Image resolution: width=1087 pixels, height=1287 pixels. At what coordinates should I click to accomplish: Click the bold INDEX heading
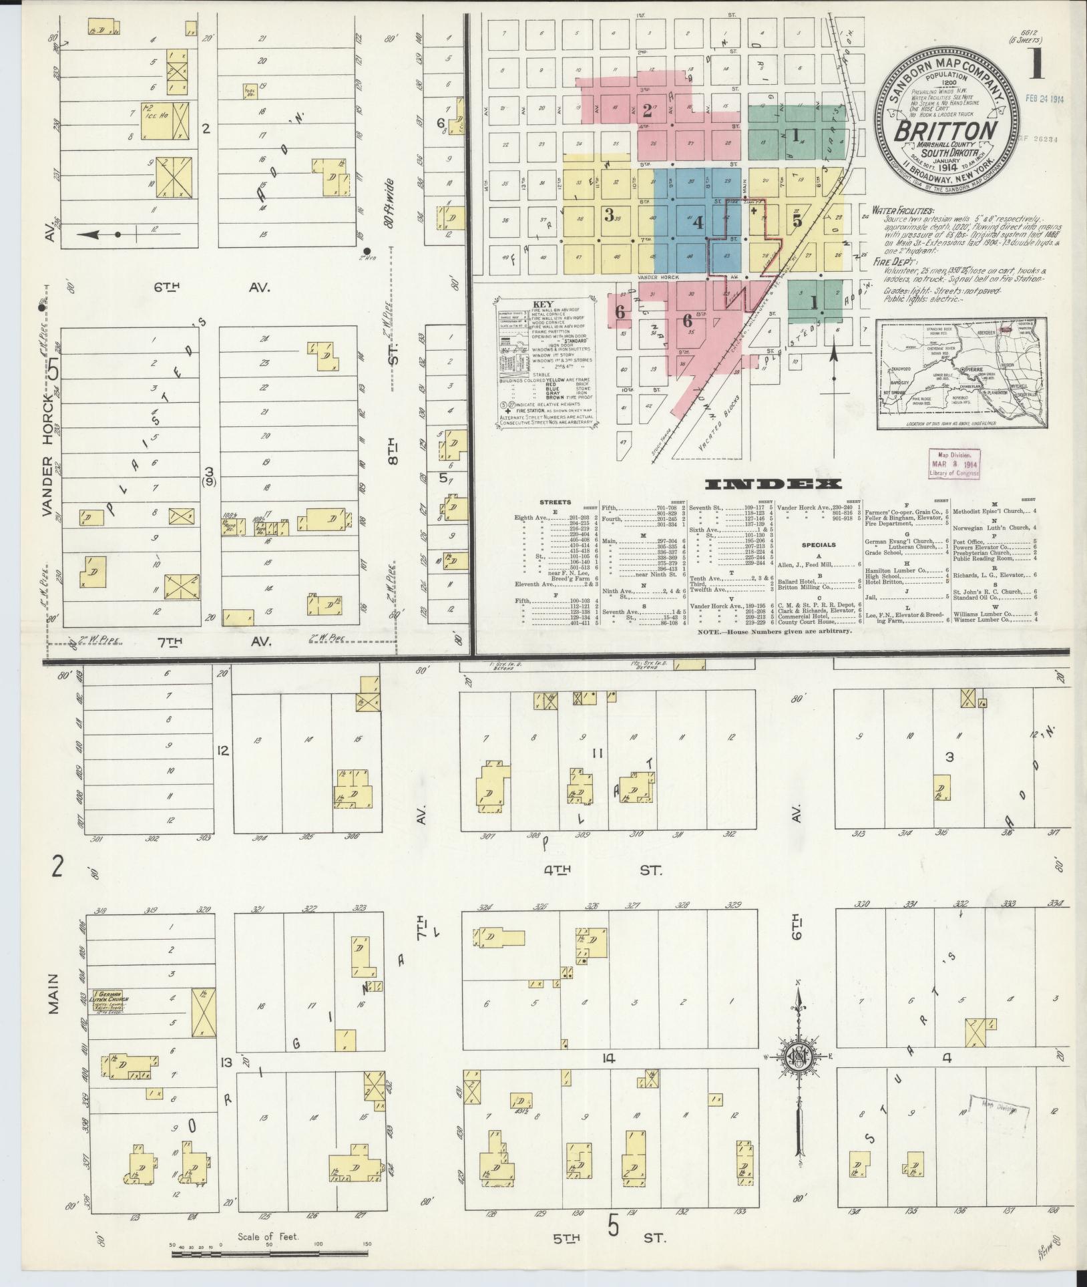point(773,484)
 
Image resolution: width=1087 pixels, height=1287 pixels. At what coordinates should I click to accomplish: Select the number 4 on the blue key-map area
point(698,224)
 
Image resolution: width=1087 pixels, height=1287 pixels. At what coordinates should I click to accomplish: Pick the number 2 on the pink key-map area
point(646,110)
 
